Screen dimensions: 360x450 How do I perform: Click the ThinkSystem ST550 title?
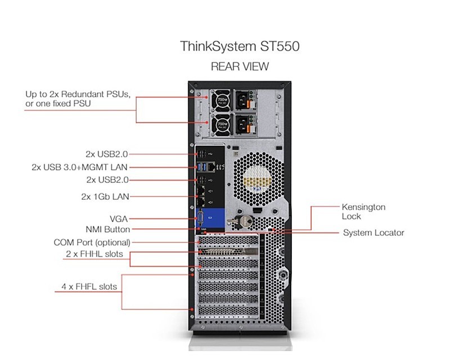pos(236,46)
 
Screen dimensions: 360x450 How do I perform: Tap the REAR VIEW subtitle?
pos(240,66)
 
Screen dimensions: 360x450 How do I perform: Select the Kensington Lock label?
pos(363,211)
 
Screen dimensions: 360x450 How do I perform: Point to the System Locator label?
pos(373,232)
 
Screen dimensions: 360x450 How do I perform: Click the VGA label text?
pos(121,218)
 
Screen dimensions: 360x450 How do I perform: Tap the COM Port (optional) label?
pos(92,242)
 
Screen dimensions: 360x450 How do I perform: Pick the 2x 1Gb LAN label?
pos(105,196)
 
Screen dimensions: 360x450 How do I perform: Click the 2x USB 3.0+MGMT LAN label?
pos(80,167)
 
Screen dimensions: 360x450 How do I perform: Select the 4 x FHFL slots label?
pos(89,286)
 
